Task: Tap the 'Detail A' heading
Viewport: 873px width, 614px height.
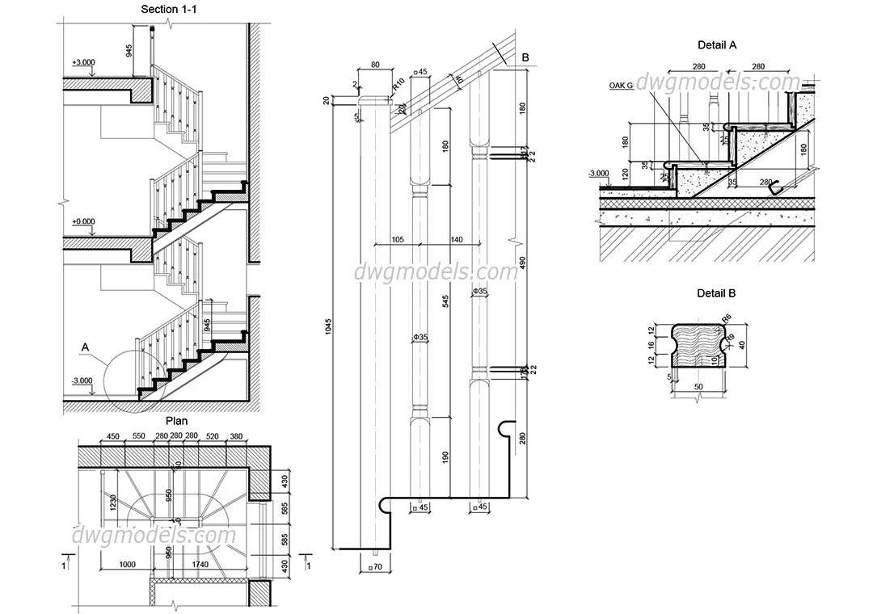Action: tap(717, 46)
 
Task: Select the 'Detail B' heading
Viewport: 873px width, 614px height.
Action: tap(717, 293)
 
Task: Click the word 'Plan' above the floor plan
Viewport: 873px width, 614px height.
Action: tap(176, 421)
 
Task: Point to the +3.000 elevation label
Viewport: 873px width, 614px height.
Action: tap(84, 62)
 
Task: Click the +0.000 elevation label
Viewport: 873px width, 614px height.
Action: tap(84, 221)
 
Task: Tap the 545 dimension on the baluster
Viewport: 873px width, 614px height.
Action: tap(445, 301)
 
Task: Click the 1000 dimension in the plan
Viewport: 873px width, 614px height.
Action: tap(126, 565)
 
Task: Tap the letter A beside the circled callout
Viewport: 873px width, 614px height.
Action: tap(84, 347)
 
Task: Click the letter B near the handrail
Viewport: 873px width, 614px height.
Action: tap(525, 57)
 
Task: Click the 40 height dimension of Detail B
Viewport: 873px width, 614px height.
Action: tap(741, 345)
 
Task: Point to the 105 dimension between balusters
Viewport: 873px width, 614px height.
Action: tap(397, 239)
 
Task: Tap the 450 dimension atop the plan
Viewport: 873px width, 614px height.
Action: tap(112, 437)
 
